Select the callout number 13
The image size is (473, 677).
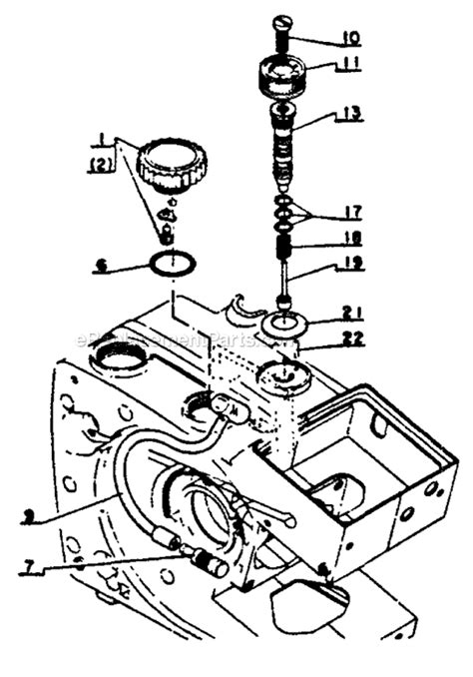click(x=348, y=115)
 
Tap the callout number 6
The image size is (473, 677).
click(x=101, y=267)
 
